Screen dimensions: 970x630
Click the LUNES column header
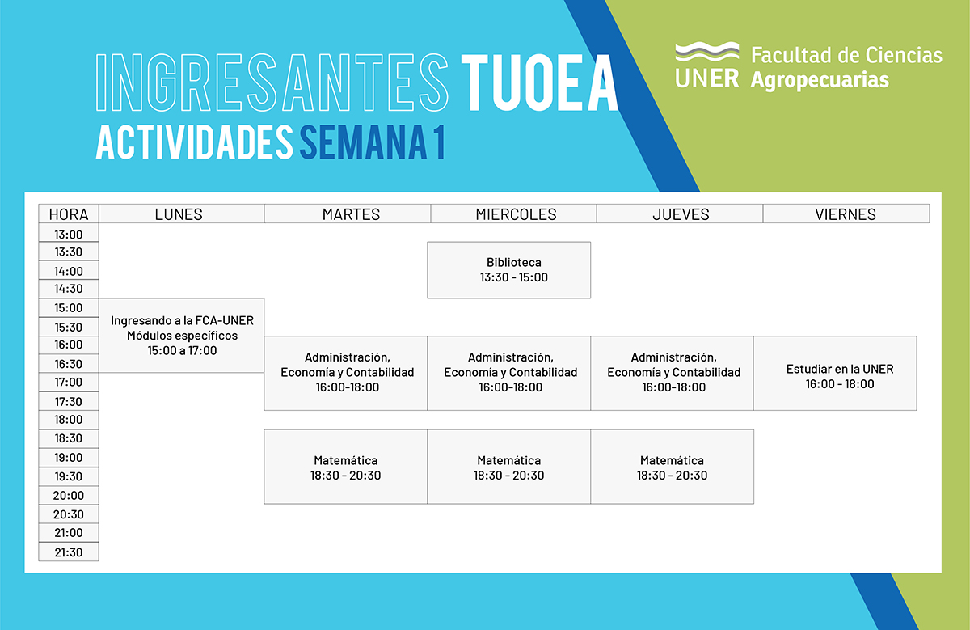coord(181,214)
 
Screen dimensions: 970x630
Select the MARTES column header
coord(348,214)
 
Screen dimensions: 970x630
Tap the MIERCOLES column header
coord(513,214)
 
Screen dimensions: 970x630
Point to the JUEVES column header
coord(680,214)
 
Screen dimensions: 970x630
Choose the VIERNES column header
coord(846,214)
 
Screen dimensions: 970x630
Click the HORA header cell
coord(69,214)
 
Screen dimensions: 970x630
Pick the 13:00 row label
coord(69,233)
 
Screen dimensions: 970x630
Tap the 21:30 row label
coord(69,552)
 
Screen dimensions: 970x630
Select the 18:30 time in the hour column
coord(69,439)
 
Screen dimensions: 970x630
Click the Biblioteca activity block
coord(508,270)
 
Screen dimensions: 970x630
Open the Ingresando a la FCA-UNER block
coord(181,336)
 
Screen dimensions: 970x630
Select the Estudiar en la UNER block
coord(835,373)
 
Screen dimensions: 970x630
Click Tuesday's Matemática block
coord(346,467)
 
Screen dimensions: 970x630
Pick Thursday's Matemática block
coord(672,467)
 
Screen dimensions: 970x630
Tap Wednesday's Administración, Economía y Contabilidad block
coord(508,373)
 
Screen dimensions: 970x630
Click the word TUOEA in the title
coord(540,83)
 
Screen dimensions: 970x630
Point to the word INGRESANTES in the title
coord(272,83)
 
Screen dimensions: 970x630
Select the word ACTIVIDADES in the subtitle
coord(195,142)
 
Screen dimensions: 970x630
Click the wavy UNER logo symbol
coord(707,52)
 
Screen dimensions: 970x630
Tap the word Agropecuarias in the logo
coord(820,80)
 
